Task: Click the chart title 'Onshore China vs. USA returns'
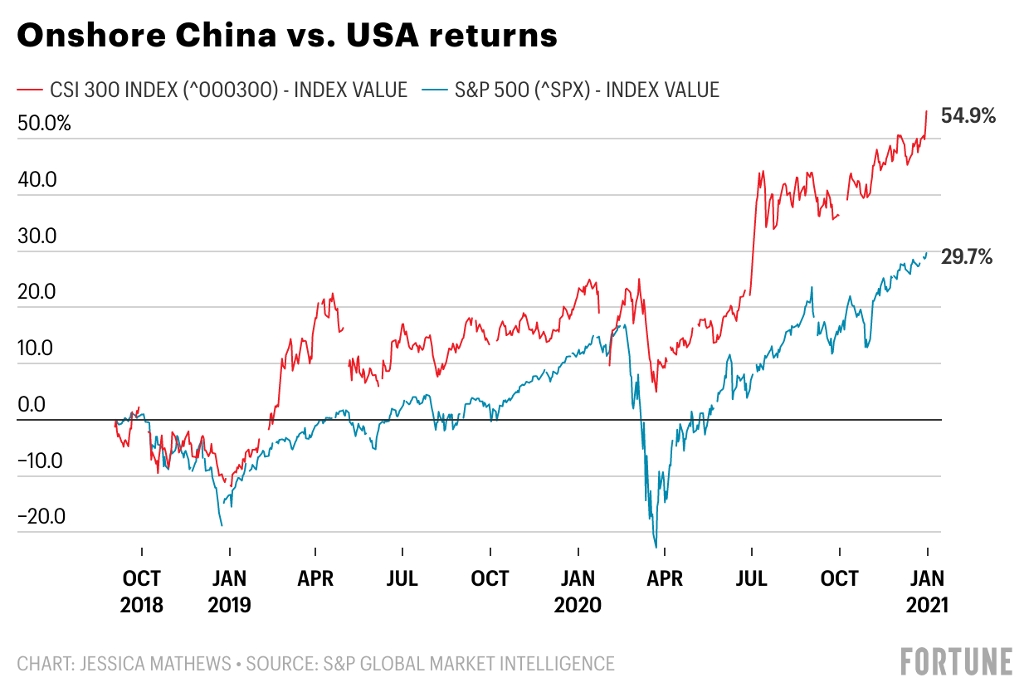[287, 36]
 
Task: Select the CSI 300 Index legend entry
[212, 90]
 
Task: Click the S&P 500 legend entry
[571, 90]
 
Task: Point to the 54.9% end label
[968, 115]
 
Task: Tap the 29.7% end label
[967, 257]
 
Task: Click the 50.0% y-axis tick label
[44, 123]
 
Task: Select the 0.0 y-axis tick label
[32, 404]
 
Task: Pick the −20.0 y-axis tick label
[41, 516]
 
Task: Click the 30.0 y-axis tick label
[37, 236]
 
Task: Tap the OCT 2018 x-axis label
[141, 592]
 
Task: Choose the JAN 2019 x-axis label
[229, 592]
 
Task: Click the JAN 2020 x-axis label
[578, 592]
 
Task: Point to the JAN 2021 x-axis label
[927, 592]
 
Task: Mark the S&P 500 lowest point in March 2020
[656, 548]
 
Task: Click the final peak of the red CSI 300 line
[927, 110]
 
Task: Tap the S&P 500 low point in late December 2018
[222, 525]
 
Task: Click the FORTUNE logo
[957, 661]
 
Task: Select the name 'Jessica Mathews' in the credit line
[155, 664]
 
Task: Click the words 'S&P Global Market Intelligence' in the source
[469, 664]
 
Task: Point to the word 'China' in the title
[226, 36]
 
